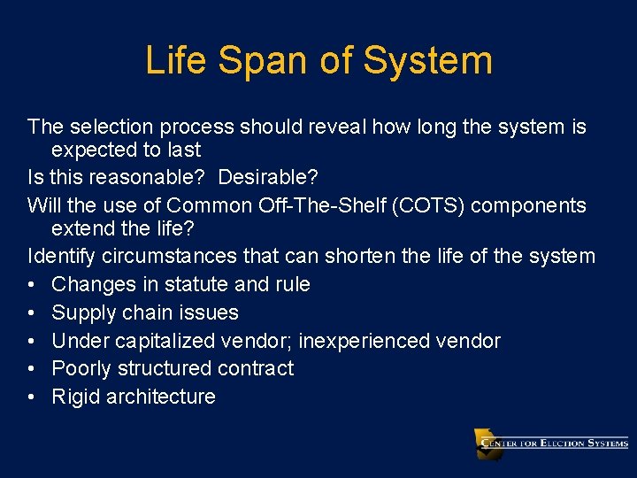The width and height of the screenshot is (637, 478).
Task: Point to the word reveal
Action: [x=335, y=127]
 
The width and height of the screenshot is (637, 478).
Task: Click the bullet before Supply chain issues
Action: [x=32, y=312]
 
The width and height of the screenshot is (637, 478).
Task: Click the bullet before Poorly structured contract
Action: [x=32, y=368]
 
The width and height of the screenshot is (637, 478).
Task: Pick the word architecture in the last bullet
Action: [x=160, y=397]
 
